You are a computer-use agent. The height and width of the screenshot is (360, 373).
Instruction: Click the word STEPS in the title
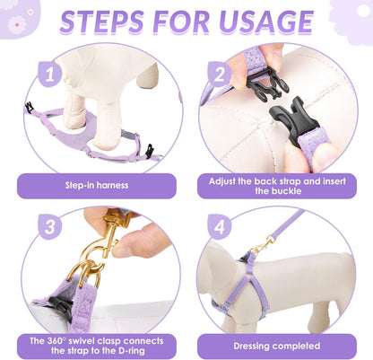(x=102, y=22)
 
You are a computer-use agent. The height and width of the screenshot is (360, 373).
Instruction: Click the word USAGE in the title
(x=266, y=22)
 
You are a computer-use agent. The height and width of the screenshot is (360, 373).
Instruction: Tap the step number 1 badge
(x=49, y=75)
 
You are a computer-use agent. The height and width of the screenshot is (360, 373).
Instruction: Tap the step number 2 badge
(x=219, y=75)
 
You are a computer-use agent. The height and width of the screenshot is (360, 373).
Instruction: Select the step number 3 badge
(x=49, y=226)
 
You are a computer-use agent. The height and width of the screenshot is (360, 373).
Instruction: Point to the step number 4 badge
(x=219, y=226)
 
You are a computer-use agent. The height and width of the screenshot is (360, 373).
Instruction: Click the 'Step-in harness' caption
(x=97, y=185)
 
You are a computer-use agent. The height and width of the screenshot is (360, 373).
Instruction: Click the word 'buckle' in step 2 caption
(x=286, y=191)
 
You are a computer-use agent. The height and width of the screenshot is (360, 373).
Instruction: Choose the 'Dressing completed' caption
(x=277, y=346)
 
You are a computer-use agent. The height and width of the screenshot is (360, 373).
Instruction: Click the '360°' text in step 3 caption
(x=56, y=341)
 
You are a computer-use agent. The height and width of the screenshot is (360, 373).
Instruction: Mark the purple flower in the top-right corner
(x=352, y=21)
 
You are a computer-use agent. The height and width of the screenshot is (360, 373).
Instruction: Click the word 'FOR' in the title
(x=181, y=22)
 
